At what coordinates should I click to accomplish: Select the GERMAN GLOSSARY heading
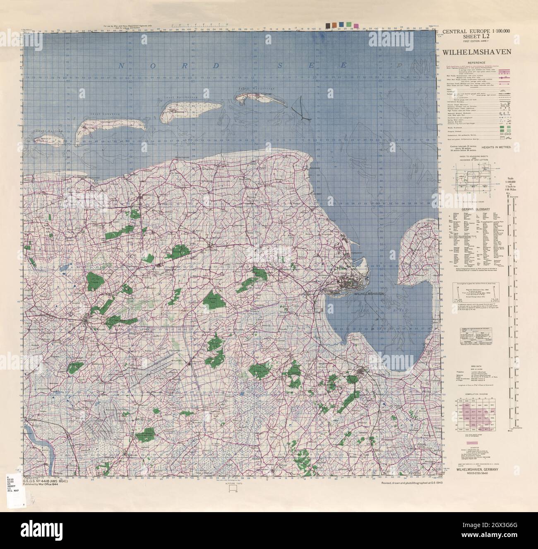[476, 210]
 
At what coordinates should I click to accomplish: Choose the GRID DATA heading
[476, 367]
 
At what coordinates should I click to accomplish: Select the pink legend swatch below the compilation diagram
[470, 443]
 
